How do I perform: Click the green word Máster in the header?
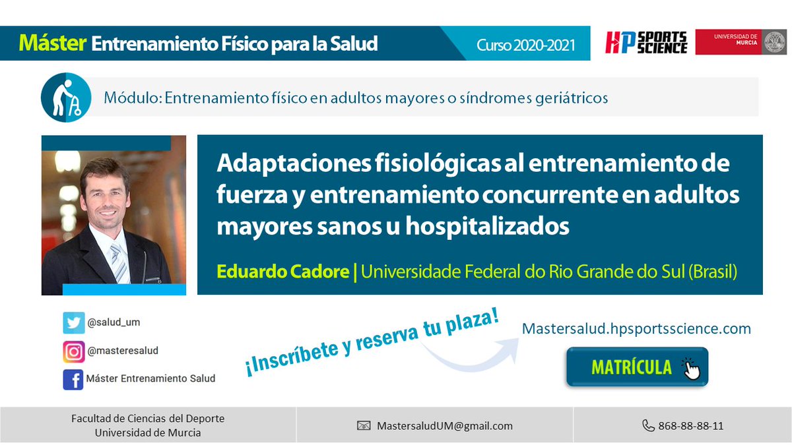[53, 44]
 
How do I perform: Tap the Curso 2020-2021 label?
[526, 45]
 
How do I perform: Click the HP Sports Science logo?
[646, 42]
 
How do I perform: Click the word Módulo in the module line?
[131, 98]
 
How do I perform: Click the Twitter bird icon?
[73, 323]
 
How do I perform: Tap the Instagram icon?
[73, 351]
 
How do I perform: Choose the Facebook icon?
[73, 379]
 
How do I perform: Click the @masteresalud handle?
[122, 351]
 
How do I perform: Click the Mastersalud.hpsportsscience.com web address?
[636, 328]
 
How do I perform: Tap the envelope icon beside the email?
[364, 426]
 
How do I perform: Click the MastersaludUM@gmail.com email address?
[445, 426]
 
